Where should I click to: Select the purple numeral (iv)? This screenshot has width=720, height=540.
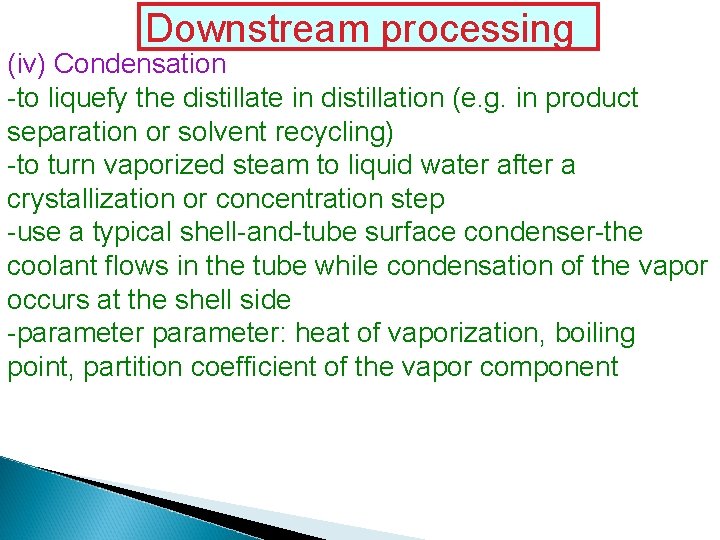tap(27, 65)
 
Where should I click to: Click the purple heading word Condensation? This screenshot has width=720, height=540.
tap(141, 65)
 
